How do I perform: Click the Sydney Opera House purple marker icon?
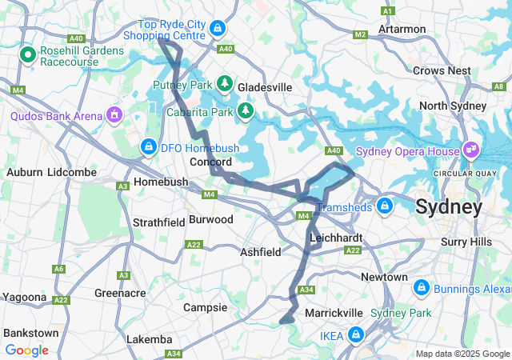[472, 150]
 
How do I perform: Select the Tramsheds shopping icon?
[385, 206]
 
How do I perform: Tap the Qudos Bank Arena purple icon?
[114, 115]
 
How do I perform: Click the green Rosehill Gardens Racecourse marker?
[27, 55]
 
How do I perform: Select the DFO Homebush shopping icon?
[148, 146]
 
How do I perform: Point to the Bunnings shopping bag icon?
[421, 286]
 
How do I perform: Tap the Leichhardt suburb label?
[336, 238]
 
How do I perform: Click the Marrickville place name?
[334, 313]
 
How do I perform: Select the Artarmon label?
[402, 29]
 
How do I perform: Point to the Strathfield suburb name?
[158, 222]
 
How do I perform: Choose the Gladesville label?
[265, 86]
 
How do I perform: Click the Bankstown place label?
[30, 332]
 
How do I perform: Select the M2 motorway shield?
[360, 34]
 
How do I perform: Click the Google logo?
[26, 350]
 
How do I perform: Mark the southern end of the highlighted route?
[282, 322]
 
